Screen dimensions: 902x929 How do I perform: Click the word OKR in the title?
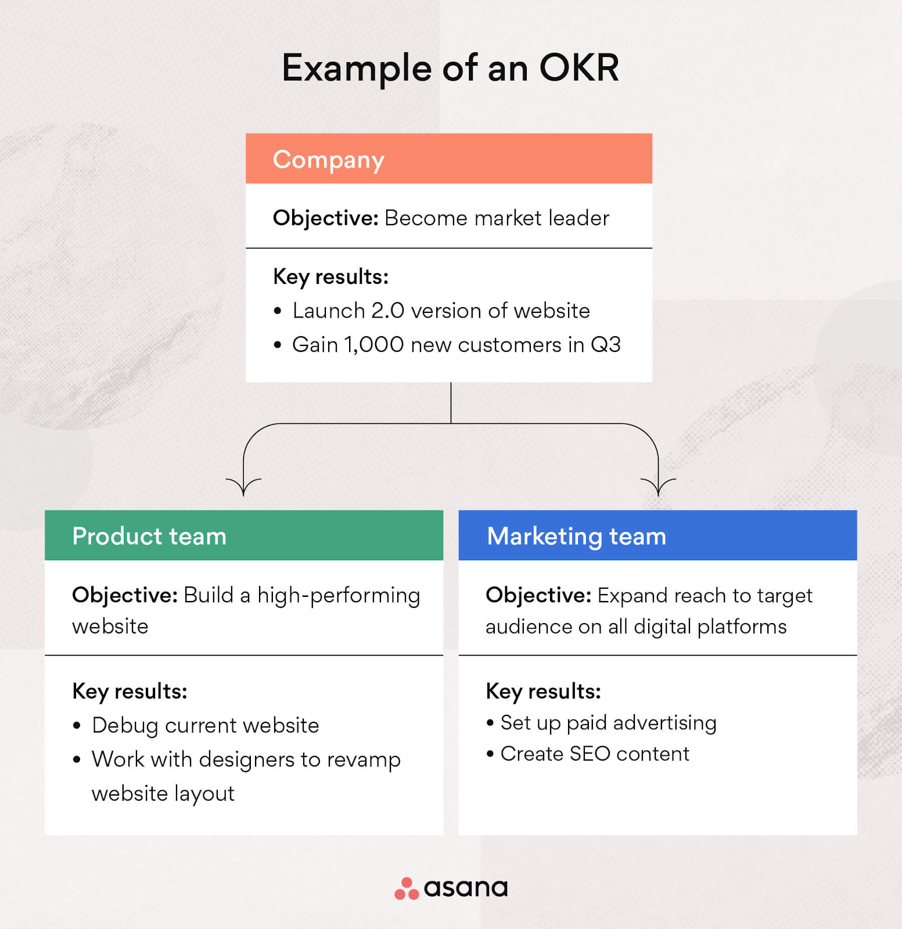point(579,68)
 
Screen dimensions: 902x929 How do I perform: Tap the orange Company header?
point(449,159)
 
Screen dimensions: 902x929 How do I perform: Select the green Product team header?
point(244,535)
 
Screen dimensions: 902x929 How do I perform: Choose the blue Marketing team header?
point(657,535)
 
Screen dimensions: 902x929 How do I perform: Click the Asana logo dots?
point(407,888)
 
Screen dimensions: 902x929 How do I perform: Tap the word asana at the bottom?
point(466,888)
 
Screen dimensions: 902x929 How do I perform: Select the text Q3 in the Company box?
point(606,345)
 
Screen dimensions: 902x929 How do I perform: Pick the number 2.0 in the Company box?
point(387,311)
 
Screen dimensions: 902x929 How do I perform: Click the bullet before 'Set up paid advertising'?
point(490,723)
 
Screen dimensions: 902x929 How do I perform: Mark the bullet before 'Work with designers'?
point(77,759)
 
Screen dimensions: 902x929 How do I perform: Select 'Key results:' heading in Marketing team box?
point(543,692)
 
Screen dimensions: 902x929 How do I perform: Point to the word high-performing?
point(339,596)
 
